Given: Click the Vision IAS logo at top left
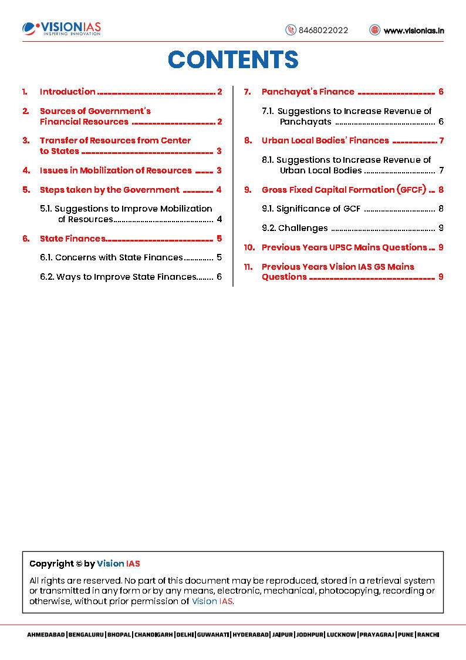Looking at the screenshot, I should (x=62, y=28).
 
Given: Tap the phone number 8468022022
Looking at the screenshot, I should (x=323, y=31).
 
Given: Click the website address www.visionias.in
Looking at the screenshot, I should (x=413, y=31).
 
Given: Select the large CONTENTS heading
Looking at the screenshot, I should (x=233, y=60).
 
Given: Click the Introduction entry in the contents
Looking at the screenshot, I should (x=67, y=92).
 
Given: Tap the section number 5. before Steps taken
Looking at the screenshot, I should (x=26, y=190).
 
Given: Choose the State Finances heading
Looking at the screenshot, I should (x=72, y=239).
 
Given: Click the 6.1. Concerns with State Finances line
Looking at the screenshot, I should (x=119, y=257).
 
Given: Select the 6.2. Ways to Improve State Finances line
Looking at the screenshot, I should (x=126, y=277).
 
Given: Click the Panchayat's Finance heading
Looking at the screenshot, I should (x=308, y=92).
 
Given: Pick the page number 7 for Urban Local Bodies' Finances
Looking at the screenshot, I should (x=441, y=140).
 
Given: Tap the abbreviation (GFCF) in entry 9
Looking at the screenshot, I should (x=411, y=190).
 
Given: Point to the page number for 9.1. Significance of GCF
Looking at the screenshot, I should (x=441, y=209).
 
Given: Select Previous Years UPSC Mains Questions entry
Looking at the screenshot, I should (x=344, y=247).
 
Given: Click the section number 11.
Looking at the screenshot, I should (x=248, y=267).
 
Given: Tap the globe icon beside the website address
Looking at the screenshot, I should (x=374, y=30).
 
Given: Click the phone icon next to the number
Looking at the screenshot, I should (x=291, y=30).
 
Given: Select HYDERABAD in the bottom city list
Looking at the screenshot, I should (x=251, y=635).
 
